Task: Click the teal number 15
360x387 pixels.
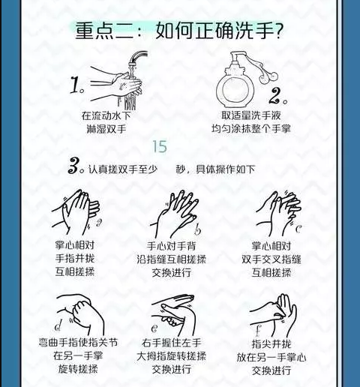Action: [x=160, y=146]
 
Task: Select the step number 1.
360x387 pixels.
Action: [x=76, y=85]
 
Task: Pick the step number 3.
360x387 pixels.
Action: [x=76, y=166]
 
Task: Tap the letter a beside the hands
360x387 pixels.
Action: [x=99, y=222]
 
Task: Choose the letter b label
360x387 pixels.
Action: [x=197, y=229]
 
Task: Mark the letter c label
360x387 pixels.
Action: [x=298, y=229]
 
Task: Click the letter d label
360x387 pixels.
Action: [x=58, y=325]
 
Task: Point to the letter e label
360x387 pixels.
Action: [x=154, y=328]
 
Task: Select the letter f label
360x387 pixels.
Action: [x=258, y=330]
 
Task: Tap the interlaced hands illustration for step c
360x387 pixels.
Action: [x=278, y=213]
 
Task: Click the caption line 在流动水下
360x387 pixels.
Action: [x=106, y=115]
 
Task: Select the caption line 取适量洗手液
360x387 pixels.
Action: [x=251, y=115]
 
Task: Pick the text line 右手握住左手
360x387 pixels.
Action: [x=171, y=343]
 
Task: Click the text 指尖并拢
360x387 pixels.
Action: [x=271, y=343]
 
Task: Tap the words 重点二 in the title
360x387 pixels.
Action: [x=104, y=31]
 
